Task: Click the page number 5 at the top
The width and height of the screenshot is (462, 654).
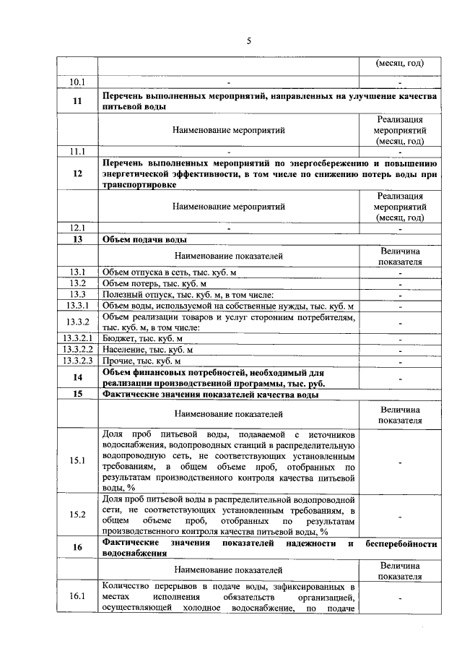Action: [248, 41]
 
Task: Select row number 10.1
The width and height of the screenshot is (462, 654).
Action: [77, 82]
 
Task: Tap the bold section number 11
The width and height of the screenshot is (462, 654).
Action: [77, 101]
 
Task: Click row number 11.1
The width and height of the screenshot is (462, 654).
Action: [77, 152]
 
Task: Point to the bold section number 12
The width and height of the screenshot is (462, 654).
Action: [77, 173]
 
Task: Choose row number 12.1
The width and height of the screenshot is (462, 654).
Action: [77, 228]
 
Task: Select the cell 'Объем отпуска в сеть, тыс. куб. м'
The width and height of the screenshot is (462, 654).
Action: [170, 272]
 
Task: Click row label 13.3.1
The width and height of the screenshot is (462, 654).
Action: [77, 306]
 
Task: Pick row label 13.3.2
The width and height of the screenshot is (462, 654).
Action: [77, 322]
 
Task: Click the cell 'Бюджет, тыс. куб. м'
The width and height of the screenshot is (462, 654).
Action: [142, 338]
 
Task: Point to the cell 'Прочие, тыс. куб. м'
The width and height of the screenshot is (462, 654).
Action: [141, 361]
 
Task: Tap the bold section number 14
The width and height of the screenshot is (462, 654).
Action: [77, 377]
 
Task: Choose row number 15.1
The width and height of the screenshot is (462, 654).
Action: [77, 460]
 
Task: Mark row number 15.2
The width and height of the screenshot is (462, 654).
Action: [77, 515]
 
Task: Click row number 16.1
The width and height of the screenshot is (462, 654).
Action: [77, 597]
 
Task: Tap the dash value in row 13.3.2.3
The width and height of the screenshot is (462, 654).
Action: [399, 361]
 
